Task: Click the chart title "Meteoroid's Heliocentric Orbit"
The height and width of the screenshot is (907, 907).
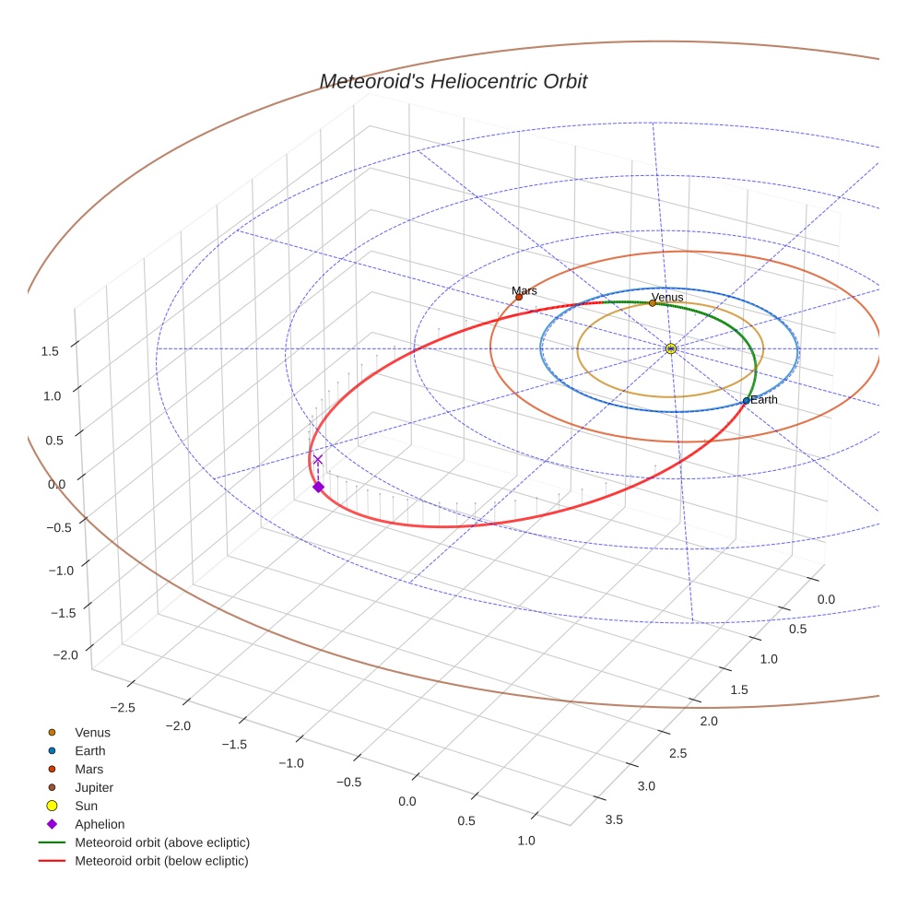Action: pyautogui.click(x=453, y=81)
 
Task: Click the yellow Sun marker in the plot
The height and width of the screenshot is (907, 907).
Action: pyautogui.click(x=670, y=348)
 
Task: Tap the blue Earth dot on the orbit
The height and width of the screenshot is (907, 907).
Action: pyautogui.click(x=746, y=401)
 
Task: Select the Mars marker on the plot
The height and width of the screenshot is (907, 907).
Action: pyautogui.click(x=519, y=297)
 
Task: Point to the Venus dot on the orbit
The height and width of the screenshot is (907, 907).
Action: pyautogui.click(x=653, y=302)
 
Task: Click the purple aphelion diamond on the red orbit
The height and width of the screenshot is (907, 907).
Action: pyautogui.click(x=318, y=487)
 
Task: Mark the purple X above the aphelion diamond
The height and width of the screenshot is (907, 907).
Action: pyautogui.click(x=318, y=459)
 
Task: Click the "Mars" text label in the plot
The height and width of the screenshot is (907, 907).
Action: pyautogui.click(x=524, y=290)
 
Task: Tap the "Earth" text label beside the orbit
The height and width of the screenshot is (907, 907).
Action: pyautogui.click(x=763, y=399)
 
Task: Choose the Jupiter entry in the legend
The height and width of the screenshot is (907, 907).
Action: pyautogui.click(x=94, y=787)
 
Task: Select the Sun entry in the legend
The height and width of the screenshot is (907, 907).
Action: pyautogui.click(x=88, y=806)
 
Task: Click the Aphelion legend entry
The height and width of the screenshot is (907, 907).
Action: pyautogui.click(x=100, y=824)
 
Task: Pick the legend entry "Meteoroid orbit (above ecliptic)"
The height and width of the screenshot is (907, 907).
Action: pyautogui.click(x=161, y=842)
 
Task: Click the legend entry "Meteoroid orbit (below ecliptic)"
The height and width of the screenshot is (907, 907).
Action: pyautogui.click(x=161, y=861)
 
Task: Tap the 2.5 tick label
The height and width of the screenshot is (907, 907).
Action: pyautogui.click(x=677, y=753)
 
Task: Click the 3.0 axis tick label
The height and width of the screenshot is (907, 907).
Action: pyautogui.click(x=646, y=785)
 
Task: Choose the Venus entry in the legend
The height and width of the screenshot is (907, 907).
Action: pyautogui.click(x=92, y=732)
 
